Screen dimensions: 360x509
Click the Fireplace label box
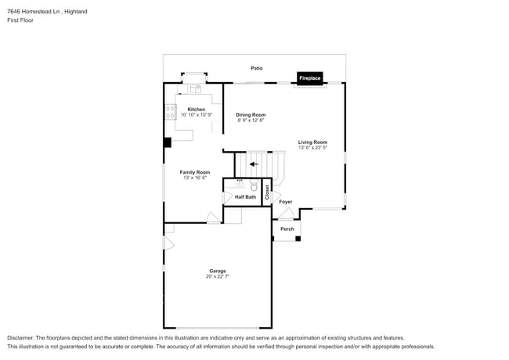click(309, 78)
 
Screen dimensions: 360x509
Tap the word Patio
click(256, 69)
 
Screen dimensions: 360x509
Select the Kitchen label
click(196, 109)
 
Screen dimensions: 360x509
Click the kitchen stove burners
click(169, 112)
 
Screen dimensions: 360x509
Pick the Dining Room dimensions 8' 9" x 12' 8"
click(251, 121)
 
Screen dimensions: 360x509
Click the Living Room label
click(312, 142)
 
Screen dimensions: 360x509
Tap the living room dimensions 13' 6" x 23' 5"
click(312, 148)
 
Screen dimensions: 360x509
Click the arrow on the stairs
click(253, 164)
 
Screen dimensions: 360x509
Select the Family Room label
click(194, 172)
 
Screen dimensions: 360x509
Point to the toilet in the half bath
click(253, 186)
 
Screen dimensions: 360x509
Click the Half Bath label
click(245, 197)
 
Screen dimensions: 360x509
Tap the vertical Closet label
click(267, 192)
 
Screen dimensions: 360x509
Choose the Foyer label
click(286, 202)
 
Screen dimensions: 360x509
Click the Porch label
click(287, 229)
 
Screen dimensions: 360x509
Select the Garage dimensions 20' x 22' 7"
click(217, 277)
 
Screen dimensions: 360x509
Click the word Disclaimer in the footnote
click(22, 338)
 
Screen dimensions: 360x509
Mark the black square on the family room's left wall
click(167, 142)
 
